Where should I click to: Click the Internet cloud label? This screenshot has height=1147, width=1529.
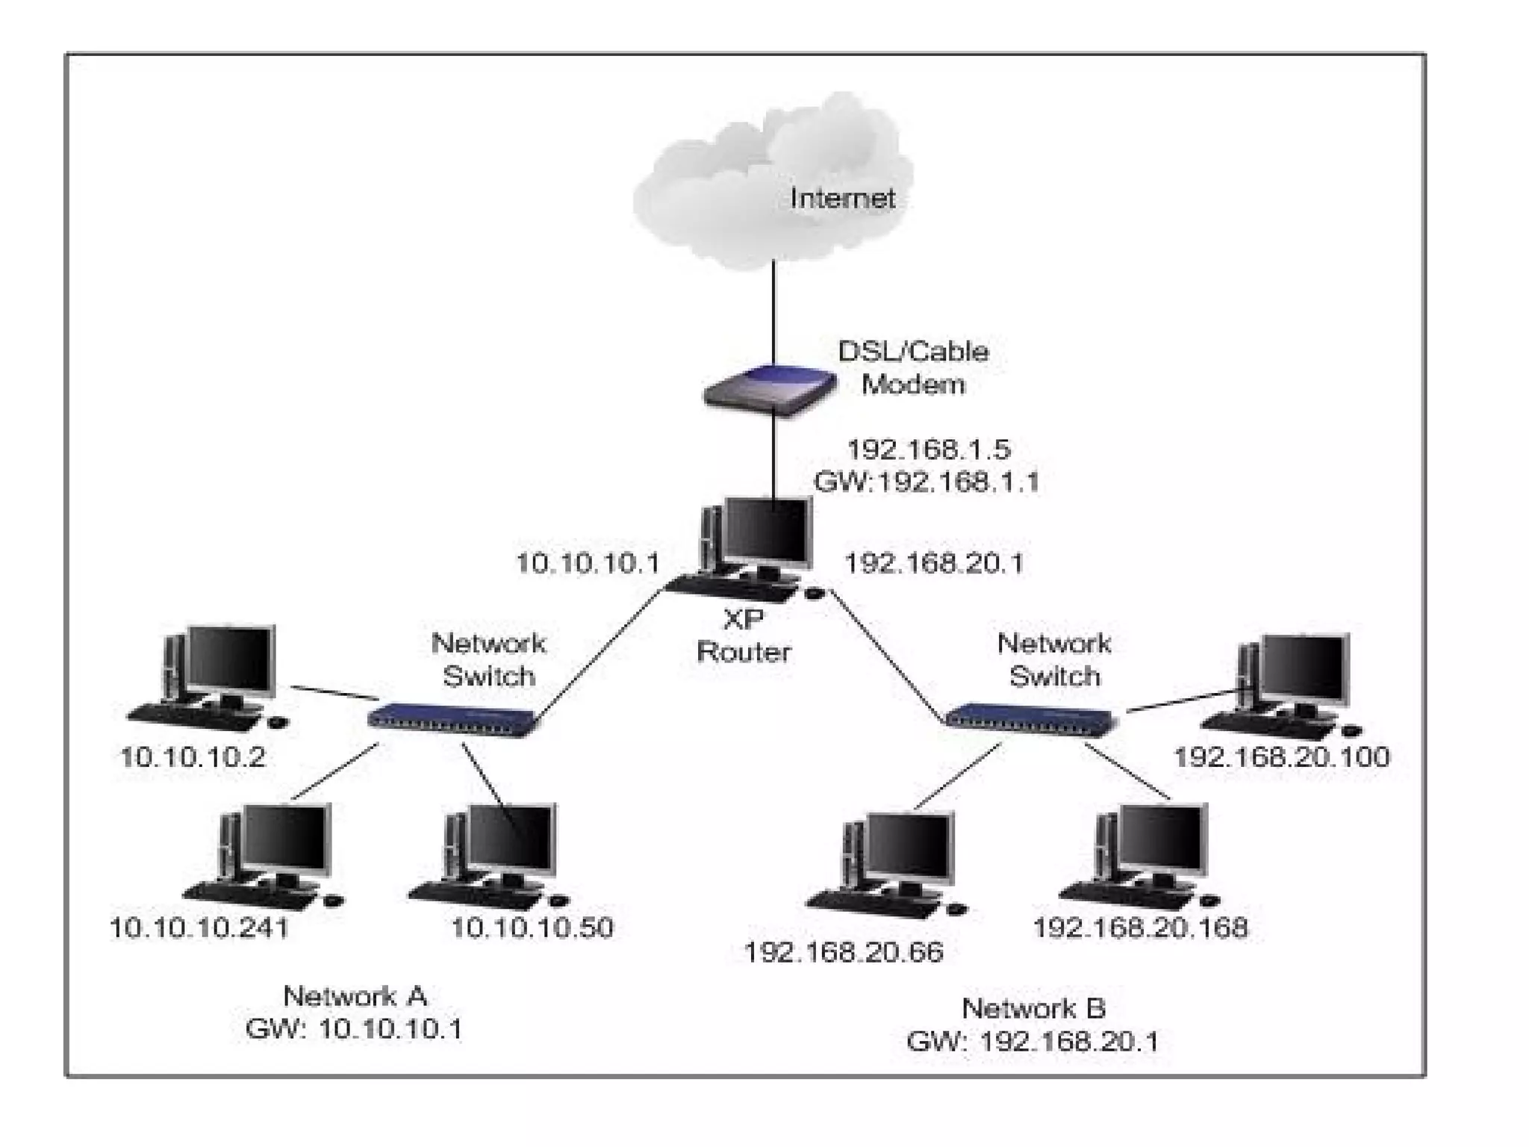coord(842,199)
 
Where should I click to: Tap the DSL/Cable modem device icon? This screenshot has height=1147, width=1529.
coord(769,388)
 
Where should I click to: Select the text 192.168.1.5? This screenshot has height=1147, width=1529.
coord(928,450)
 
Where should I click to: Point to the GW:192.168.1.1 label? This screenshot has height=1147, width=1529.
coord(927,482)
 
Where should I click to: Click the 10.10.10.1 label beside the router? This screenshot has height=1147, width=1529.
coord(588,564)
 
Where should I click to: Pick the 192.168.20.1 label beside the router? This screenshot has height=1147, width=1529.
coord(933,564)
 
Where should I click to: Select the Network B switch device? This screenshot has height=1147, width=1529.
coord(1030,719)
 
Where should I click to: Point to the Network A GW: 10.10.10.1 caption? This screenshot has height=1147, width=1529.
coord(355,1013)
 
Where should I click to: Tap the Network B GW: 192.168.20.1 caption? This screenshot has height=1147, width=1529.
coord(1033,1025)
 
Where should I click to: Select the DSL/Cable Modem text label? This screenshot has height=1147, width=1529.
coord(913,368)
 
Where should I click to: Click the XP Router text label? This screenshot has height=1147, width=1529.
coord(743,636)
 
